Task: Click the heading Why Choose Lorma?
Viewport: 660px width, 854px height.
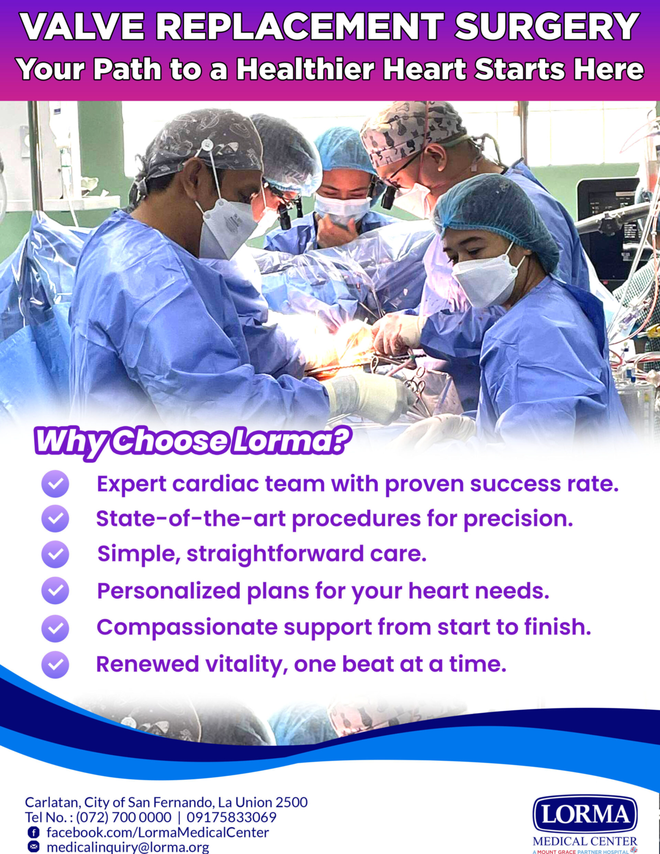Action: [192, 441]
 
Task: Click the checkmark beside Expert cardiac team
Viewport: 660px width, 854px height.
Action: [55, 484]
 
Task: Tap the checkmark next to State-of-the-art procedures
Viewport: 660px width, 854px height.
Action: [55, 519]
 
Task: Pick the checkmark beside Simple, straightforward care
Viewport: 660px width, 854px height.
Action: [55, 554]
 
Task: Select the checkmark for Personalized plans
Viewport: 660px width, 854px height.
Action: [55, 590]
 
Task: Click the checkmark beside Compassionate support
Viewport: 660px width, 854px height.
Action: [55, 628]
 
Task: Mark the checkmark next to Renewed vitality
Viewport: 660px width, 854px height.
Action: [55, 665]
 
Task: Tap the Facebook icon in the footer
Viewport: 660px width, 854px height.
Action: [34, 832]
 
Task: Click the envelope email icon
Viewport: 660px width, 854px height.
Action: [34, 847]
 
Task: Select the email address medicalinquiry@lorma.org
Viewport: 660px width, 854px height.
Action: [128, 847]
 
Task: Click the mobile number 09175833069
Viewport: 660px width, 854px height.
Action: [231, 817]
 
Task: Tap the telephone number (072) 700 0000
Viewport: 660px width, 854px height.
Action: [124, 817]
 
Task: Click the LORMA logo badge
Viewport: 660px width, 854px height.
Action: [585, 814]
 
